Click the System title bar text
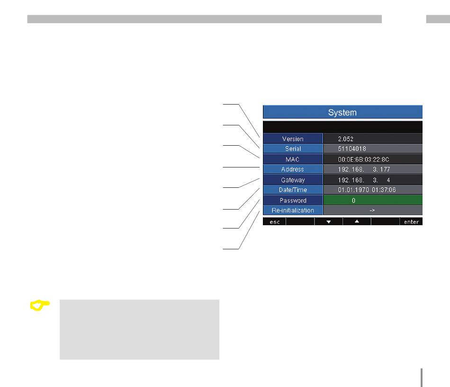tap(342, 113)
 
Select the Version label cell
tap(293, 139)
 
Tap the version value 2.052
tap(345, 139)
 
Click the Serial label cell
tap(293, 149)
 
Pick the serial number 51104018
tap(351, 149)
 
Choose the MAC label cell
tap(293, 159)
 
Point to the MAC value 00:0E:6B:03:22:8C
tap(363, 159)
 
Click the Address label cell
tap(293, 169)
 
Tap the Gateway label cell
tap(293, 180)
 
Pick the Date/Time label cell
tap(293, 190)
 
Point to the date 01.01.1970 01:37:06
tap(367, 190)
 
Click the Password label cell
tap(293, 201)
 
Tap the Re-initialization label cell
tap(293, 211)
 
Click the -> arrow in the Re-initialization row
tap(372, 211)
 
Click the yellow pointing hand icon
tap(40, 306)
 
